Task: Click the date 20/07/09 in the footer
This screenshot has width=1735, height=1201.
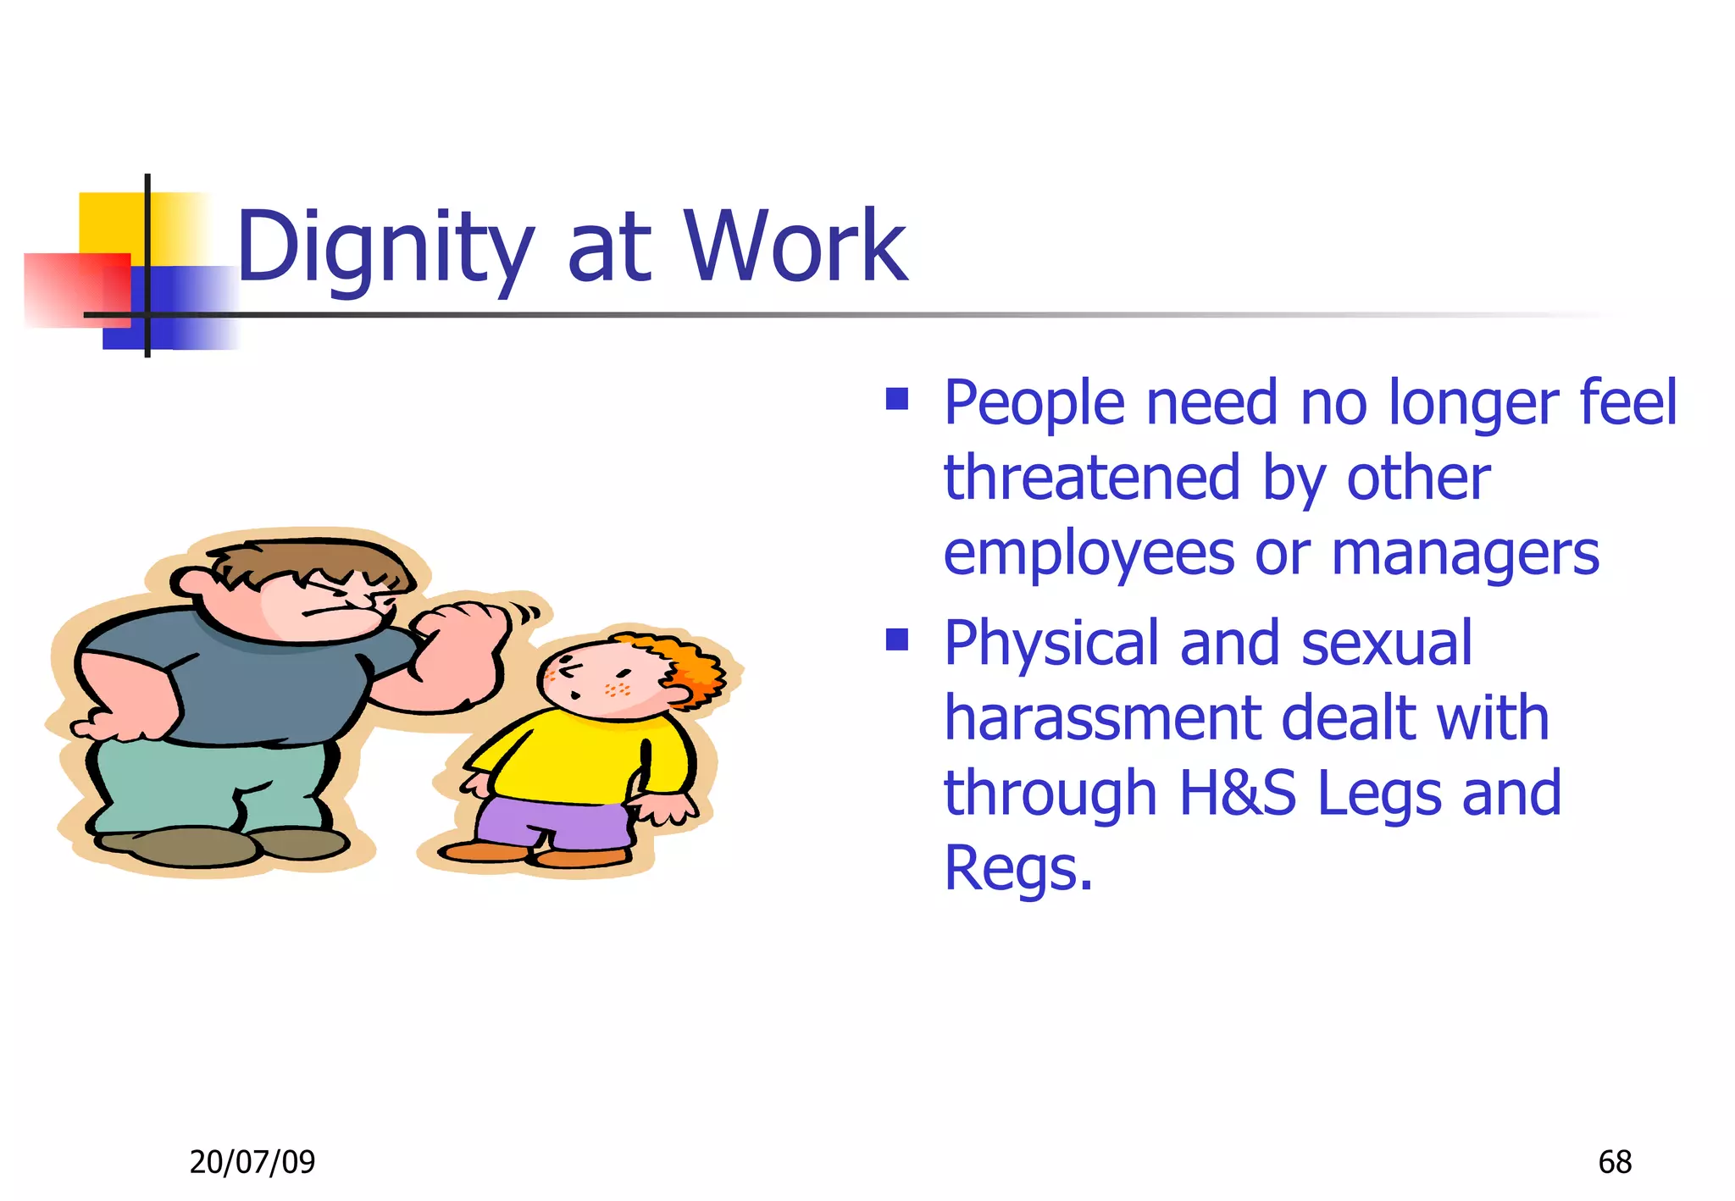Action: pos(252,1161)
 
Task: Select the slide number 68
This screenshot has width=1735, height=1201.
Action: pos(1615,1161)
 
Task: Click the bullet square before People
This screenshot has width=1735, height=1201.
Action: pos(896,399)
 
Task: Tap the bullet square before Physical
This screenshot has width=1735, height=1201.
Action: pos(896,639)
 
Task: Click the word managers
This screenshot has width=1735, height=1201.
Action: pos(1465,554)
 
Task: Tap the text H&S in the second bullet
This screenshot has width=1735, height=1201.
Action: pos(1236,793)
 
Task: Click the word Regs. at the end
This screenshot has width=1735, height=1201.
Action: pos(1017,867)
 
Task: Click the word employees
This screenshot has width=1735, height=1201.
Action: pos(1089,554)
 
